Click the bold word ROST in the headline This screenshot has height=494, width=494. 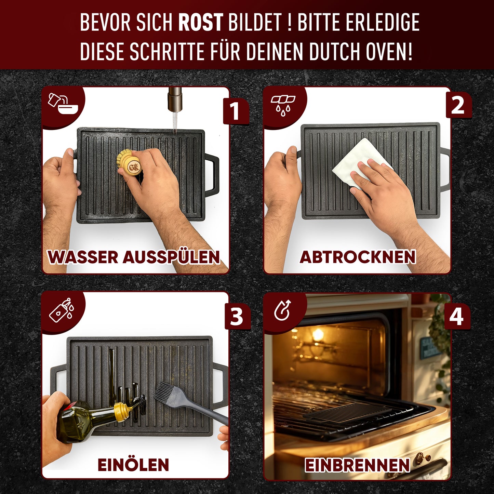click(x=200, y=23)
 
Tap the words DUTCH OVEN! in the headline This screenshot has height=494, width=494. click(x=361, y=52)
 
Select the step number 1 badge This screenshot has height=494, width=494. click(x=235, y=111)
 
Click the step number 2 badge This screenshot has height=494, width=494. click(x=458, y=106)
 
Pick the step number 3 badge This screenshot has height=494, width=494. click(x=237, y=317)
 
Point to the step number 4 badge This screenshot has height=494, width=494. click(x=457, y=317)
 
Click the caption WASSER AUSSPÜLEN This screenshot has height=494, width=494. click(x=134, y=257)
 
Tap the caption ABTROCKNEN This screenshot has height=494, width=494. click(x=358, y=257)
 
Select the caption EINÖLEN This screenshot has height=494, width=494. click(x=133, y=465)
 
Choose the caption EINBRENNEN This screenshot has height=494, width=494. click(x=357, y=465)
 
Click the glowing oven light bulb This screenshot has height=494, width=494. click(x=318, y=335)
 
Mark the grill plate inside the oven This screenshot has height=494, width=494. click(x=347, y=412)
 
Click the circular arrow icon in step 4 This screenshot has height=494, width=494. click(x=282, y=310)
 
